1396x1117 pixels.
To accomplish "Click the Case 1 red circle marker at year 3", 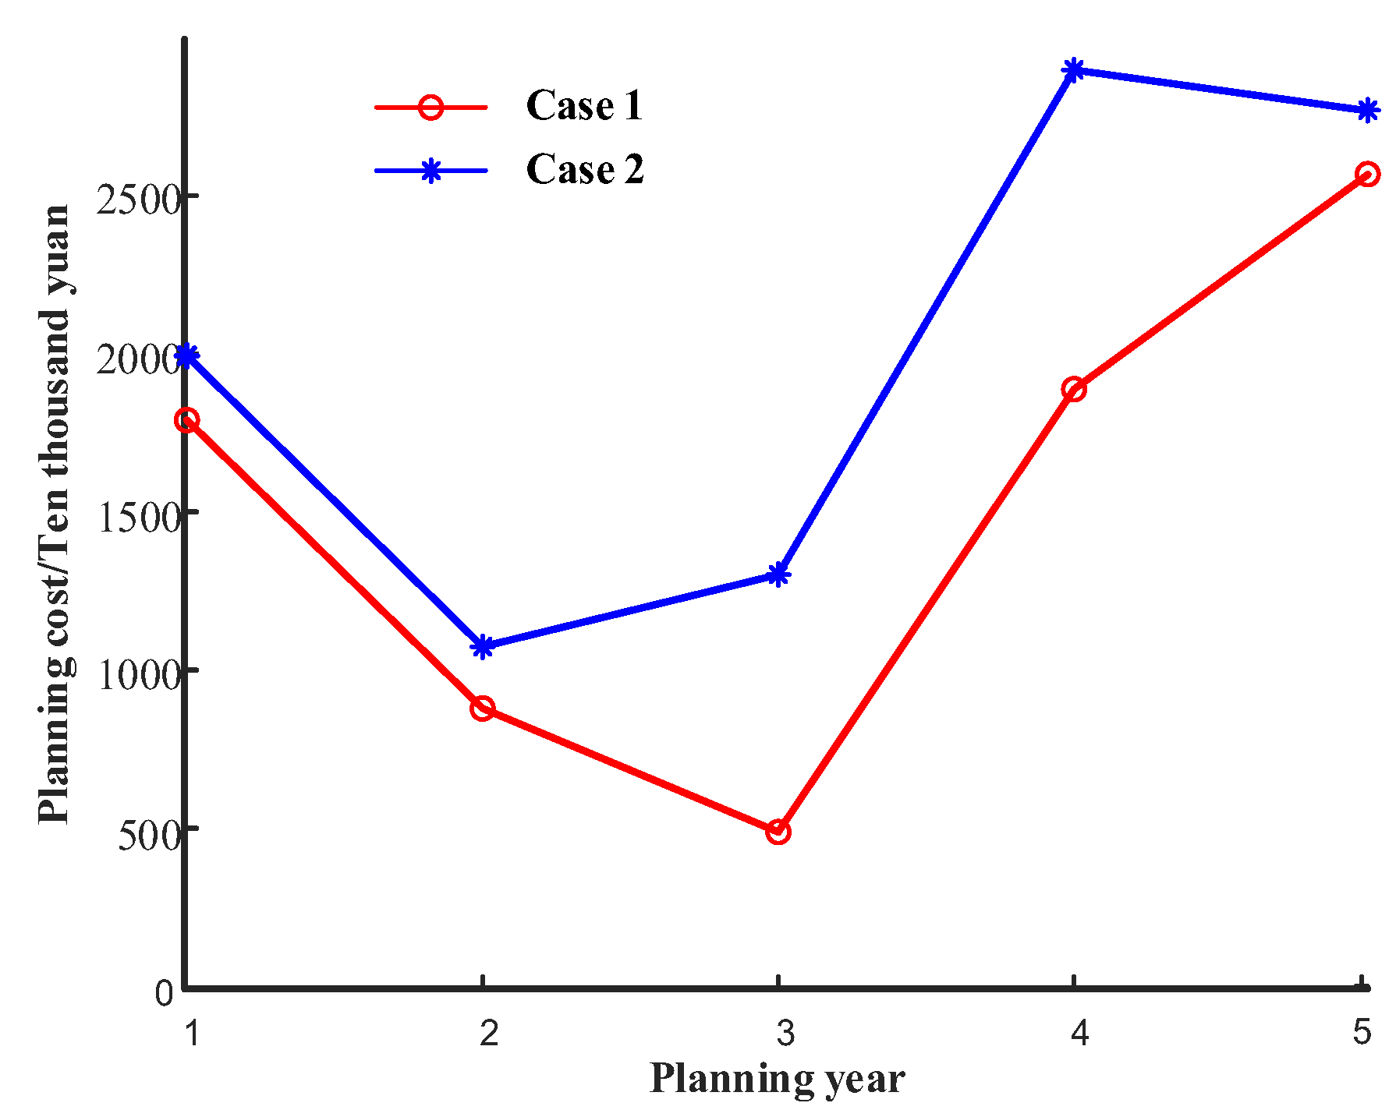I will click(778, 832).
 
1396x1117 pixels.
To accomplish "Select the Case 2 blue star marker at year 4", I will click(1074, 70).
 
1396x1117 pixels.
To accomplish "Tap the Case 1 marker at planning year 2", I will click(483, 709).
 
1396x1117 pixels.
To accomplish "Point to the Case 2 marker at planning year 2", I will click(483, 646).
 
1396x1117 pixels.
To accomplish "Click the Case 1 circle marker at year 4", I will click(1074, 389).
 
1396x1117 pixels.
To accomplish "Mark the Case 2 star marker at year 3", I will click(778, 575).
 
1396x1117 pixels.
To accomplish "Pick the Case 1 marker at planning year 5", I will click(1367, 174).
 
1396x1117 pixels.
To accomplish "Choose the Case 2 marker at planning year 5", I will click(1367, 111).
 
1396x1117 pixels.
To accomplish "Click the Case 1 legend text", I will click(584, 105).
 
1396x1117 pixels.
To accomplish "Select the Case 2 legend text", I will click(585, 169).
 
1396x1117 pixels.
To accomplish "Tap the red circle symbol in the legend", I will click(430, 107).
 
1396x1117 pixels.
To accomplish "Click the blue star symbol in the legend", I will click(430, 171).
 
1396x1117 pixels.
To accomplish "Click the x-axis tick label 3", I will click(785, 1033).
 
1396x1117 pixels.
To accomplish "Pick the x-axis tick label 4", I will click(1079, 1033).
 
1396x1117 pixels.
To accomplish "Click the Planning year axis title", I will click(777, 1080).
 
